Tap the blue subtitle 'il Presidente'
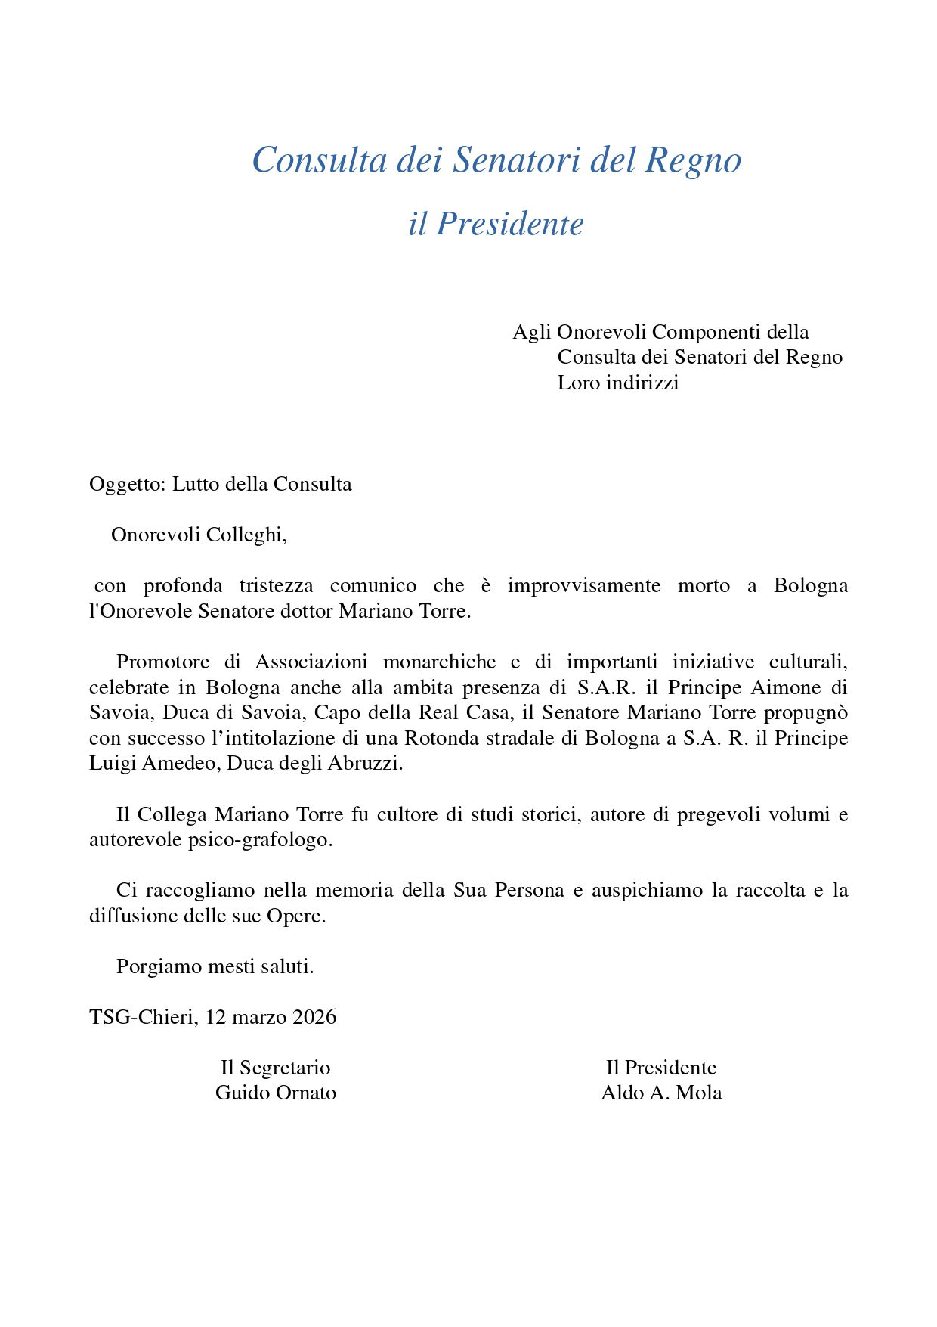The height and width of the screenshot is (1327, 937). coord(496,224)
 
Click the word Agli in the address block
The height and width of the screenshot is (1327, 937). coord(531,333)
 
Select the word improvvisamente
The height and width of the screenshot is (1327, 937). coord(583,586)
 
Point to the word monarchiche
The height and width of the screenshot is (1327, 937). coord(439,662)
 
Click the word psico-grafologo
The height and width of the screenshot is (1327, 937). coord(260,840)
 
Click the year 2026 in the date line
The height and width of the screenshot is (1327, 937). coord(314,1018)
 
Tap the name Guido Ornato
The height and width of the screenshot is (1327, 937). coord(276,1093)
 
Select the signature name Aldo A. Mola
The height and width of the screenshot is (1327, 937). coord(661,1093)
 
